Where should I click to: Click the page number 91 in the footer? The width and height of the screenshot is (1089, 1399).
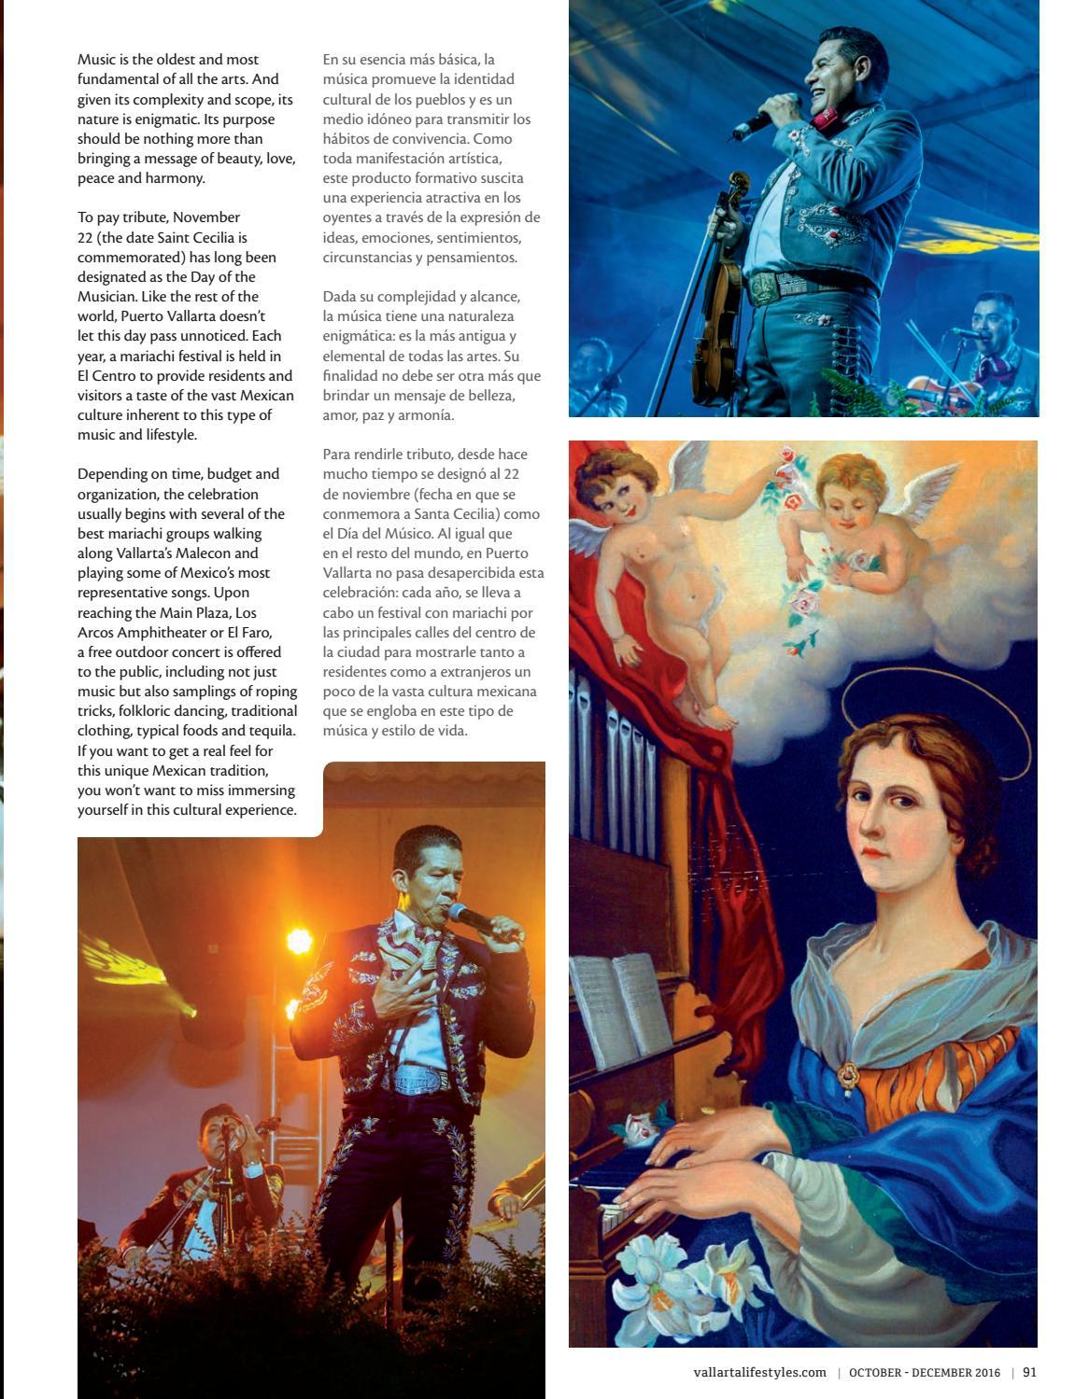tap(1029, 1372)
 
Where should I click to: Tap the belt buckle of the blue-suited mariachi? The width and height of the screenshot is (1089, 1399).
tap(764, 287)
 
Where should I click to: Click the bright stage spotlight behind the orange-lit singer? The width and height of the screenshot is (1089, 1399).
tap(298, 940)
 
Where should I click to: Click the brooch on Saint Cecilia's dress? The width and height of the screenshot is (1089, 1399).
tap(847, 1073)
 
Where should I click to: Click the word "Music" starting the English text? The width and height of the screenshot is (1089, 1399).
tap(96, 60)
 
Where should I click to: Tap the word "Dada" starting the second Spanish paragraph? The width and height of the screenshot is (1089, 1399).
tap(339, 297)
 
